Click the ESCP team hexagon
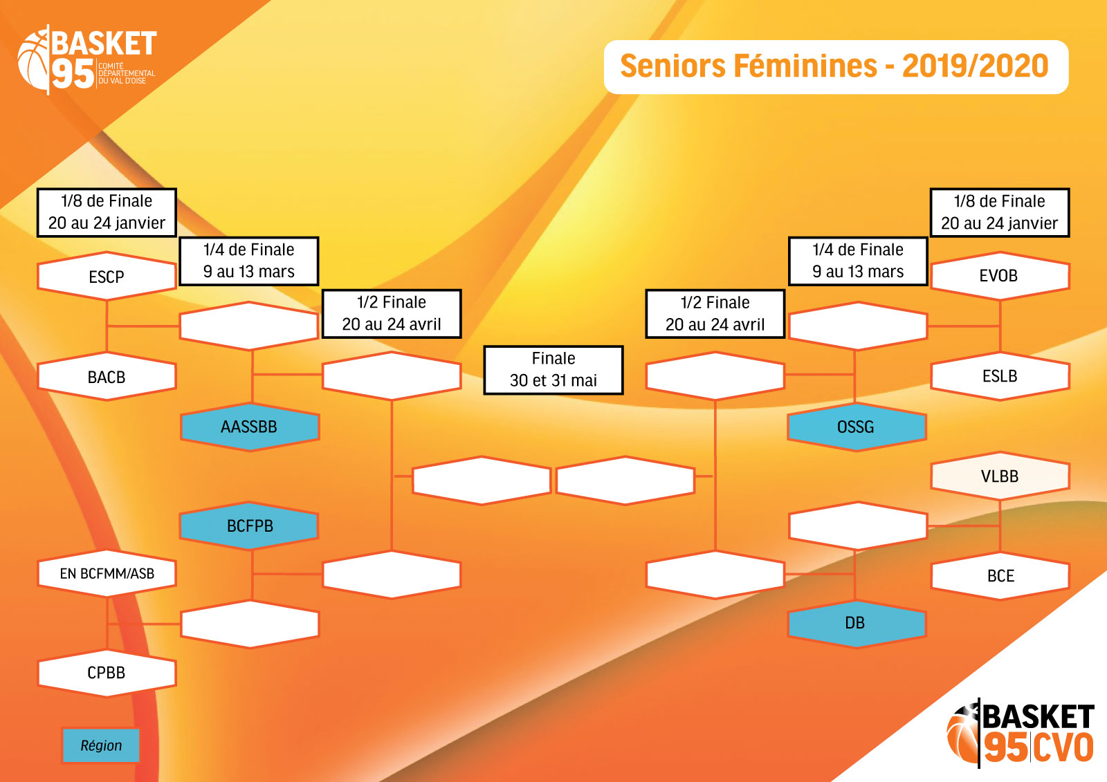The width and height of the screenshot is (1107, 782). point(107,276)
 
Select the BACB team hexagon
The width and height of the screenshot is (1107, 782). point(107,376)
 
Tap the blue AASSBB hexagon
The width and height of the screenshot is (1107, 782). point(250,427)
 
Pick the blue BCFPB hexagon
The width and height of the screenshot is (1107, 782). point(250,526)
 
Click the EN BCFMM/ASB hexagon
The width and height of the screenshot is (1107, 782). point(107,573)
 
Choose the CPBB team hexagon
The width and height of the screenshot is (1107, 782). point(107,673)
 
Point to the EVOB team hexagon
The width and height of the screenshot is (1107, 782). point(1000,276)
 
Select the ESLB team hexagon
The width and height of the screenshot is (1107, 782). point(1000,376)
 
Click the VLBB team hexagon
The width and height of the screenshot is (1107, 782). point(1000,476)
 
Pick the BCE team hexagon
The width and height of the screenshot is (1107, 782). point(1000,575)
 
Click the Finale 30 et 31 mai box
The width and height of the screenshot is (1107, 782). point(553,370)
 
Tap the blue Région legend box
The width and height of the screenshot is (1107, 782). point(101,745)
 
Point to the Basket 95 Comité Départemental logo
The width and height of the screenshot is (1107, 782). point(87,59)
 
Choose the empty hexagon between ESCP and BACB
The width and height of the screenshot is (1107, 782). point(250,326)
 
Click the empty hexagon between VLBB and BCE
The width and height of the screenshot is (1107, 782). point(858,526)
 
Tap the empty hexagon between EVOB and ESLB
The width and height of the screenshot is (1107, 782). point(858,326)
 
